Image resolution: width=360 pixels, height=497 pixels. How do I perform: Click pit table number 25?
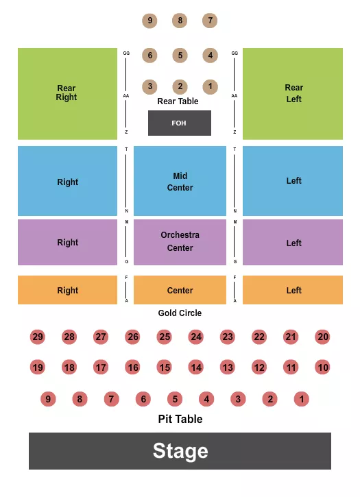(164, 337)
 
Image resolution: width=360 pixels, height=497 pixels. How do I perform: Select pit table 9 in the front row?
(47, 399)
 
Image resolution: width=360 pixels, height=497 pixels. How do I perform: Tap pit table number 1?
(302, 399)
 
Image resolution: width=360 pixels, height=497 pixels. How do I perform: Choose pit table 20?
(323, 337)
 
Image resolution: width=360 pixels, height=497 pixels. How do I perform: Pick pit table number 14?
(196, 367)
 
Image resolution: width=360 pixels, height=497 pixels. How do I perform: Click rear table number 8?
(180, 21)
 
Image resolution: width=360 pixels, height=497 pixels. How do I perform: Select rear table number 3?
(149, 86)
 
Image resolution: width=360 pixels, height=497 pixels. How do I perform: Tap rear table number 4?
(210, 56)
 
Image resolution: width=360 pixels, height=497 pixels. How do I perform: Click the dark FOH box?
(180, 123)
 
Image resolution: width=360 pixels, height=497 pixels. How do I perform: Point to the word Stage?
(180, 450)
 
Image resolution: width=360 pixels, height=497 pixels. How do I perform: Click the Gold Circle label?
(180, 313)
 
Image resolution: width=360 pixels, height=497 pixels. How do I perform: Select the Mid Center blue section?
(180, 182)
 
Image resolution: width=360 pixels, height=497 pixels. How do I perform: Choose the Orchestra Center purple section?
(180, 241)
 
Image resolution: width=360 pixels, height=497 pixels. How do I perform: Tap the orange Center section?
(180, 290)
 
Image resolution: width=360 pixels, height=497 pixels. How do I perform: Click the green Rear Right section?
(67, 93)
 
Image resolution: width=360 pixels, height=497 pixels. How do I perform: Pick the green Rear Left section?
(293, 93)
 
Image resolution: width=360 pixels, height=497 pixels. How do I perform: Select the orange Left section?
(293, 290)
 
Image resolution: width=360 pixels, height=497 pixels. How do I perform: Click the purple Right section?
(67, 242)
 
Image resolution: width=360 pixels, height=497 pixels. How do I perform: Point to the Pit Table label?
(180, 419)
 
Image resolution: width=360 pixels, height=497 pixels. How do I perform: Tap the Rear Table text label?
(178, 101)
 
